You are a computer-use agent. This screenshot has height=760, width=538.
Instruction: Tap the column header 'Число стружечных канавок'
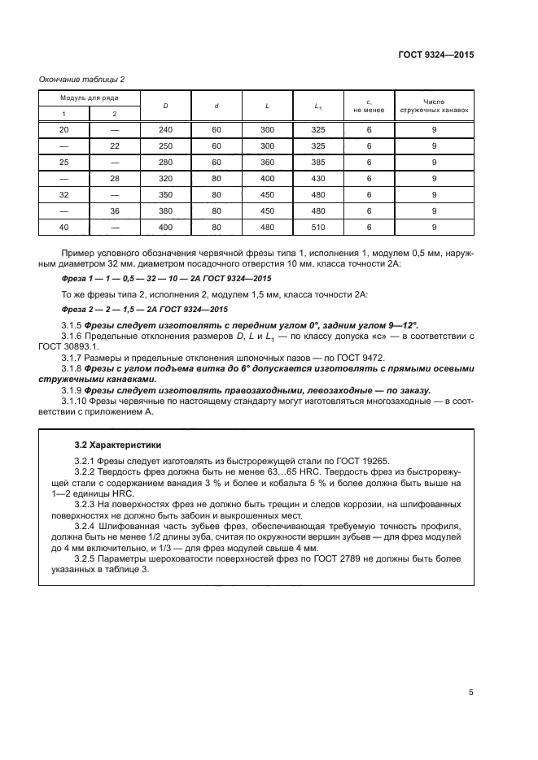tap(435, 106)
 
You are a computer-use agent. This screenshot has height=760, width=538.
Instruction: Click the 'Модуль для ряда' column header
tap(89, 98)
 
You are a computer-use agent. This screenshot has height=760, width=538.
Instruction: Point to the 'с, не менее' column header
tap(369, 106)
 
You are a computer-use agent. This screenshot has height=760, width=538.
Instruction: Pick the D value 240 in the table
tap(165, 130)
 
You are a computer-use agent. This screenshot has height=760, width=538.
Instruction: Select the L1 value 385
tap(318, 162)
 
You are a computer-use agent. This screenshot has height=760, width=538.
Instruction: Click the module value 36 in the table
tap(114, 211)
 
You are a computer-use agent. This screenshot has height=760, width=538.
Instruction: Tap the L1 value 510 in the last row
tap(318, 227)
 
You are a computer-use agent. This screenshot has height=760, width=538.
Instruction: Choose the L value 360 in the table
tap(267, 162)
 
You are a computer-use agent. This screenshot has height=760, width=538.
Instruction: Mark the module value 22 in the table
tap(114, 146)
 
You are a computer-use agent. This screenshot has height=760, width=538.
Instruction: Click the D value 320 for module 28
tap(165, 178)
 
